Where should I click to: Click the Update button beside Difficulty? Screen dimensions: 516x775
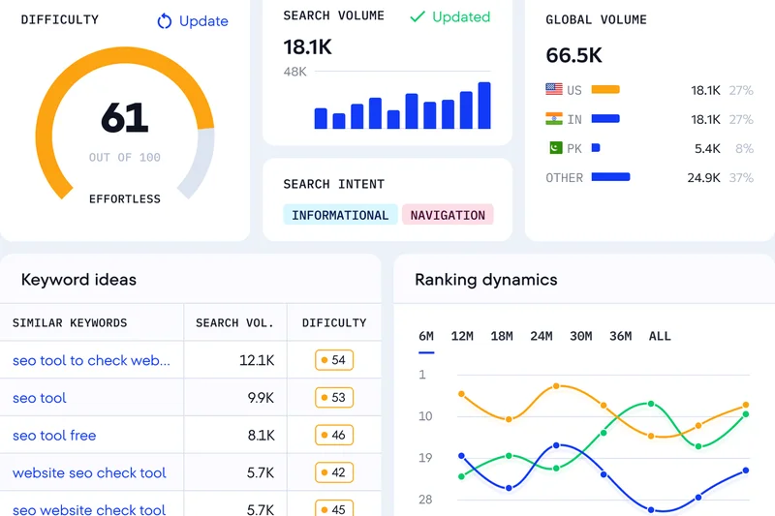point(192,21)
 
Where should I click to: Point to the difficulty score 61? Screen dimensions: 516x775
point(125,118)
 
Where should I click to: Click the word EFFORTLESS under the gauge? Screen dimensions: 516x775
point(125,199)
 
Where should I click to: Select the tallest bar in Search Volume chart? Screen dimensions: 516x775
point(484,106)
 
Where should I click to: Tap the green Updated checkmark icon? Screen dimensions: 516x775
point(418,16)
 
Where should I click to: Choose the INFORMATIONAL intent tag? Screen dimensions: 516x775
point(340,215)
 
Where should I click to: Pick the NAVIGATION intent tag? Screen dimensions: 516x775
point(448,215)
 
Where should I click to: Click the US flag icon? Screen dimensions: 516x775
point(554,89)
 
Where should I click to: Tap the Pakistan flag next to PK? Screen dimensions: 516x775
point(554,148)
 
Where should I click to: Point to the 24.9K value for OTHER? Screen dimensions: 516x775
point(703,178)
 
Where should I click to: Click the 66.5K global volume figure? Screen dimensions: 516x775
point(573,54)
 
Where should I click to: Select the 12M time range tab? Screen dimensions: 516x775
point(462,336)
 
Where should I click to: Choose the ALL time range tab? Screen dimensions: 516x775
point(660,336)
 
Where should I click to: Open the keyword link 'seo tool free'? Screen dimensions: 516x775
point(54,436)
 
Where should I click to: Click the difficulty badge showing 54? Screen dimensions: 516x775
point(333,360)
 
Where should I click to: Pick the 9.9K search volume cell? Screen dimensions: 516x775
point(261,398)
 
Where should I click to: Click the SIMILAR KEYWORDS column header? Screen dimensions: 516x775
point(70,322)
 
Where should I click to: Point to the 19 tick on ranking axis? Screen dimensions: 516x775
point(426,458)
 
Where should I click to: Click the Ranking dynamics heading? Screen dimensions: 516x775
point(486,280)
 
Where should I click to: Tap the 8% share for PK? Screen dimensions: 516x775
point(744,149)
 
